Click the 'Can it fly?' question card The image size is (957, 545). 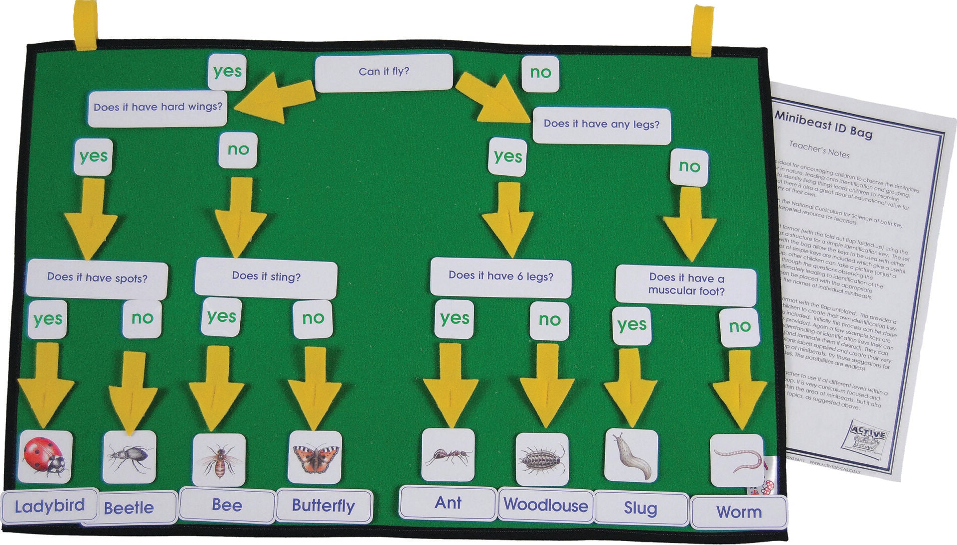tap(384, 73)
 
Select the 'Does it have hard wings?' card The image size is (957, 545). tap(158, 108)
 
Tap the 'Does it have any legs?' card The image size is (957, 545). tap(601, 125)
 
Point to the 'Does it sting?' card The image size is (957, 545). tap(266, 277)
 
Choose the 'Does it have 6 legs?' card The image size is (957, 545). tap(500, 277)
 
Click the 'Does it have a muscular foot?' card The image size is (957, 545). tap(686, 284)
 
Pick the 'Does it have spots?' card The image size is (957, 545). tap(97, 278)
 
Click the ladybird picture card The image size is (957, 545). tap(45, 457)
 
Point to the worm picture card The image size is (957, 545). tap(737, 459)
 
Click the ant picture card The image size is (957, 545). tap(448, 454)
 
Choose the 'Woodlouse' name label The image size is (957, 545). tap(546, 506)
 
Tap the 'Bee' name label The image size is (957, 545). tap(227, 505)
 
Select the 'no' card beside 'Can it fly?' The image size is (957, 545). tap(540, 73)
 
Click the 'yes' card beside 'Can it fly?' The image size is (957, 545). tap(227, 72)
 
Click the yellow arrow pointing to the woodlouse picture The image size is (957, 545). tap(547, 386)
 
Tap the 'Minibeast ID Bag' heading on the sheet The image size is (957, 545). tap(823, 126)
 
